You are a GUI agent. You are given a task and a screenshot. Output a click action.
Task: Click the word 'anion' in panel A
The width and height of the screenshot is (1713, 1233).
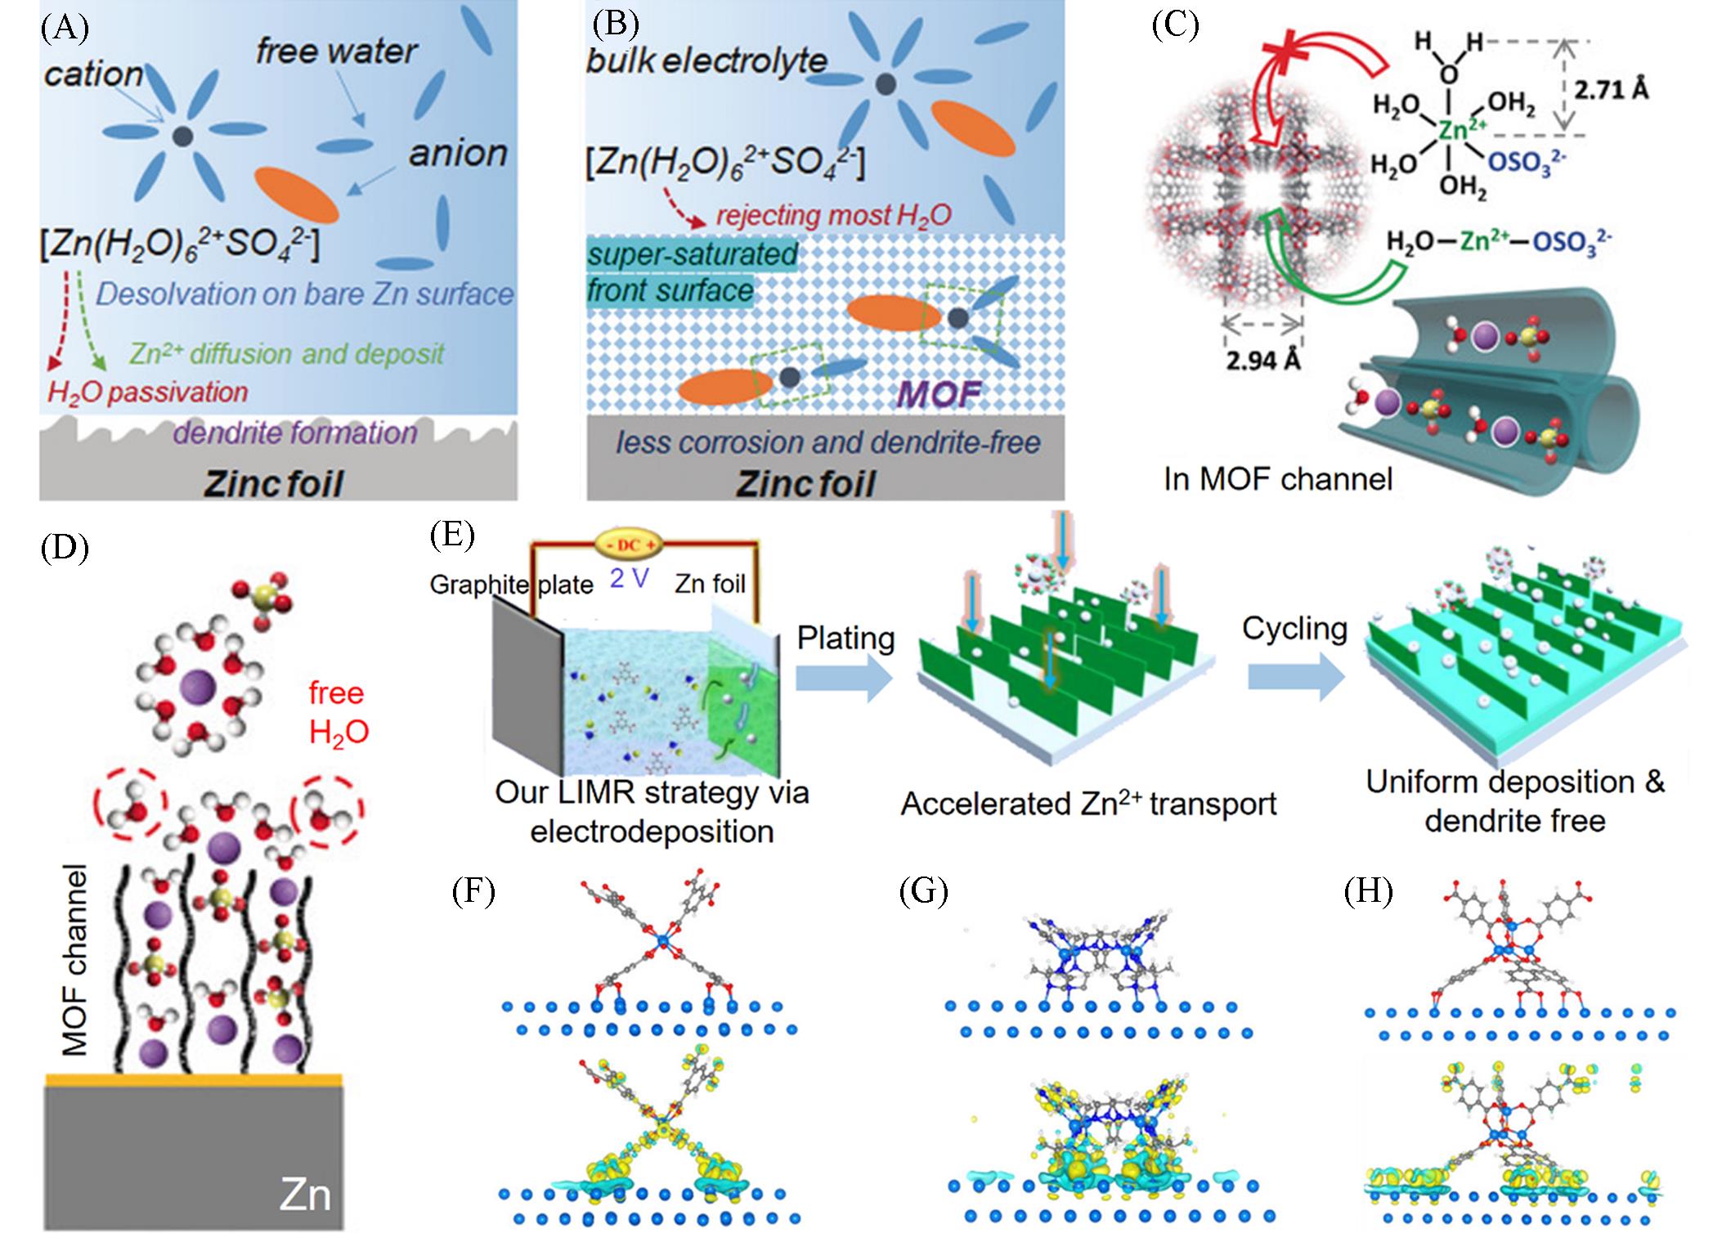pos(458,153)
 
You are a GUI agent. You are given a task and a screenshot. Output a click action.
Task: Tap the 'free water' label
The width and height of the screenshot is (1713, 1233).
pos(337,52)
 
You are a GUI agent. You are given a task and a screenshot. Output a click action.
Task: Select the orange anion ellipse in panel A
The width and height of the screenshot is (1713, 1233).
pos(296,195)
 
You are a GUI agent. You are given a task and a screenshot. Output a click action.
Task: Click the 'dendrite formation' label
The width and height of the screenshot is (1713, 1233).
pos(295,433)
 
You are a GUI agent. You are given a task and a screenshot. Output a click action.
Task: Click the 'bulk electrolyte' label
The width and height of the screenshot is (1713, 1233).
pos(706,61)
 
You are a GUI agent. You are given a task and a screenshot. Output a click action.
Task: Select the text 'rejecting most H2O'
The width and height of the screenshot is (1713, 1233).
pos(834,215)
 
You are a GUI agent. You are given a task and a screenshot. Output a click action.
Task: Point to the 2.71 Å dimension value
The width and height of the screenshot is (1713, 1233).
pos(1611,89)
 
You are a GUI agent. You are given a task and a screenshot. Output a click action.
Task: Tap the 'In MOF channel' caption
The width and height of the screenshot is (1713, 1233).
pos(1277,478)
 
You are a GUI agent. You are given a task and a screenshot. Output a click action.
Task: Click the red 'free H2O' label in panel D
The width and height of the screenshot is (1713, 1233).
pos(338,711)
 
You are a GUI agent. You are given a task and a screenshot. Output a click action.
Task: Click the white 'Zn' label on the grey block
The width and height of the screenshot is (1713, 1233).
pos(305,1193)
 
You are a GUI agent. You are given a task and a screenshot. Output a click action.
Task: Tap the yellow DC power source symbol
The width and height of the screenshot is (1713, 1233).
pos(628,542)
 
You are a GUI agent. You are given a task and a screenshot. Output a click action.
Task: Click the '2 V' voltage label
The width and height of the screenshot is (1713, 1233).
pos(630,578)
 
